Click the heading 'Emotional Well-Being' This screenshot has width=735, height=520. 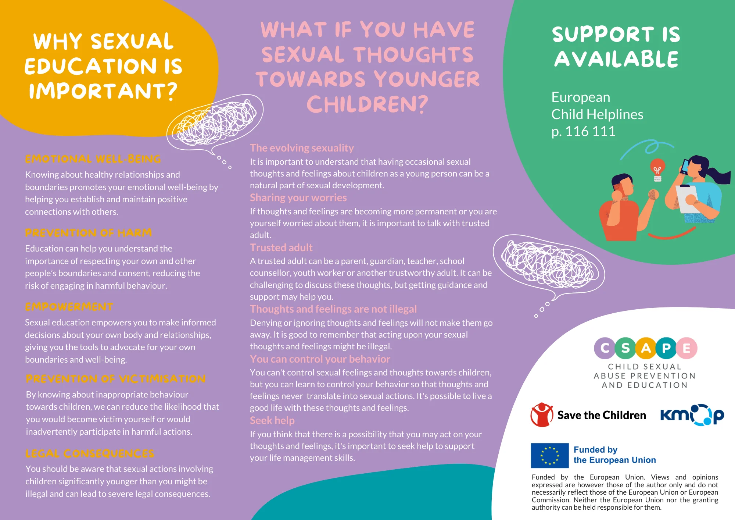[x=93, y=159]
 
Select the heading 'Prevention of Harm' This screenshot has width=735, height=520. [x=88, y=233]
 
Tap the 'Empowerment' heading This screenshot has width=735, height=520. [x=69, y=307]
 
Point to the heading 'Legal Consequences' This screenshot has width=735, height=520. [x=90, y=453]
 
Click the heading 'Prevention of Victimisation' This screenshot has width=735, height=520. [x=116, y=379]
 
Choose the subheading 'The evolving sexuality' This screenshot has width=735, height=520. [x=302, y=148]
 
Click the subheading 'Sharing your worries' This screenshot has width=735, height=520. [x=298, y=198]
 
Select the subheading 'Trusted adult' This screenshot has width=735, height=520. [x=281, y=247]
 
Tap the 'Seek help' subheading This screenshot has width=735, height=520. [x=272, y=420]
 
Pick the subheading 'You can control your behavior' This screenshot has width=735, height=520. [x=320, y=359]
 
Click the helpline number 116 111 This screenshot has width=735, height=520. [x=590, y=131]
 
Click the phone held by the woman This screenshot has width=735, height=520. [x=685, y=166]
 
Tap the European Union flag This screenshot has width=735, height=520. [x=550, y=455]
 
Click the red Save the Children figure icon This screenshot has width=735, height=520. [x=542, y=415]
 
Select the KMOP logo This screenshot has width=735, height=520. [x=692, y=415]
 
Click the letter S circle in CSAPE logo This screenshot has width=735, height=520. [x=625, y=348]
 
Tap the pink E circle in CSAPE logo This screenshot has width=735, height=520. [x=686, y=348]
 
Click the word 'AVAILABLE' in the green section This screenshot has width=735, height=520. [x=616, y=59]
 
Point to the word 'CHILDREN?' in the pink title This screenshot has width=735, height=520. [x=367, y=104]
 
